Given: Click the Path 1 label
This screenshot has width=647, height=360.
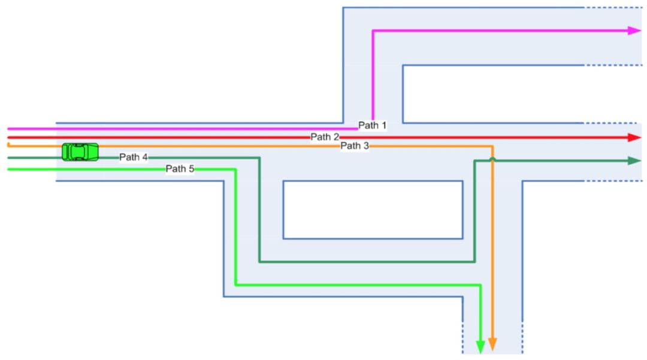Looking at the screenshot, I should point(372,125).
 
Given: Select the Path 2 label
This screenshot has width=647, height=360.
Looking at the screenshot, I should point(325,137).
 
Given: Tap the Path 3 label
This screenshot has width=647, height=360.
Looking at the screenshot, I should point(355,146).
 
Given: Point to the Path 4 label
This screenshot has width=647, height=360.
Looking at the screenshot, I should point(133,157).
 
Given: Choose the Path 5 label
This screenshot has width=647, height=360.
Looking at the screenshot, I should point(180,168).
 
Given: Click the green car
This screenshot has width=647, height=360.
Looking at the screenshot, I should point(80,152).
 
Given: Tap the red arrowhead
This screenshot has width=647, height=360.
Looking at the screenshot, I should point(634,137).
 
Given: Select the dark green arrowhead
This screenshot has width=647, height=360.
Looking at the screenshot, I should point(634,161).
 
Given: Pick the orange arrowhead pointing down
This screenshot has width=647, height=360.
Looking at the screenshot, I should point(492,344).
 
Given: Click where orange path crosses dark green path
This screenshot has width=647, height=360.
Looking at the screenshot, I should point(492,160).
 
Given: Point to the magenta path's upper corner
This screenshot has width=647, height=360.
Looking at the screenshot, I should point(373,31).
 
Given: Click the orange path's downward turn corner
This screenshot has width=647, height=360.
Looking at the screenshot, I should point(492,146).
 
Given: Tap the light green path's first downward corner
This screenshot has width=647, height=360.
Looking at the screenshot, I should point(235,170).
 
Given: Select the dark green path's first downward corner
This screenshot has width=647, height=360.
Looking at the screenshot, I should point(259,158).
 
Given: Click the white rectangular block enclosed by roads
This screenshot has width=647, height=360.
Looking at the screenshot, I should point(372,210).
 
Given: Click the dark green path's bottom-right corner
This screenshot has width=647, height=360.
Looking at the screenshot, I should point(474,262).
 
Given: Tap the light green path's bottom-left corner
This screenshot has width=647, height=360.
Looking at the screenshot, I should point(235,285).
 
